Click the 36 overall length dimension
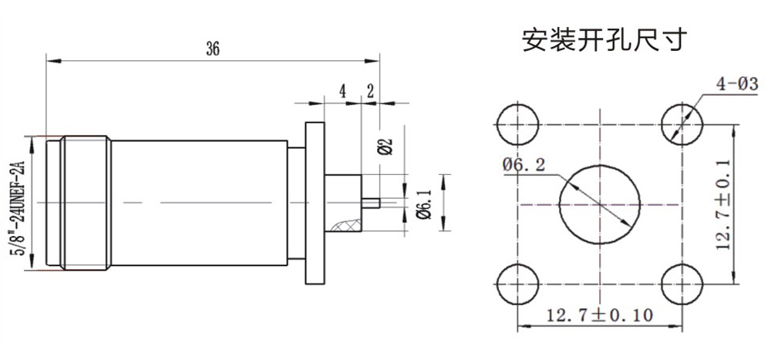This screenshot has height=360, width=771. [213, 49]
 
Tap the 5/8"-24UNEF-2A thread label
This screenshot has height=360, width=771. [21, 203]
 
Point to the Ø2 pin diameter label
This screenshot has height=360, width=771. [386, 146]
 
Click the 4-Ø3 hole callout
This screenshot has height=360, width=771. [736, 83]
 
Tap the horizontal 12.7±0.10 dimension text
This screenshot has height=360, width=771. [599, 314]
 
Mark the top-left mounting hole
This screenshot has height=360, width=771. [518, 124]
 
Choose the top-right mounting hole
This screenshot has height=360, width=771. [682, 124]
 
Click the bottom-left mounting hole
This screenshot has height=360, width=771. [518, 284]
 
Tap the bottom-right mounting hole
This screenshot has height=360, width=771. [682, 284]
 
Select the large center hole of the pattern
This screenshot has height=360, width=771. [600, 204]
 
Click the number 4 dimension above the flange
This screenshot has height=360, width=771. [343, 91]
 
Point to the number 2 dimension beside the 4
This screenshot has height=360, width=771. [370, 91]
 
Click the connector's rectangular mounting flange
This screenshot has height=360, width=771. [315, 203]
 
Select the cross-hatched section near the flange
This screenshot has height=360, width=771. [346, 226]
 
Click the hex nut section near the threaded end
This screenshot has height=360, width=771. [86, 203]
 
